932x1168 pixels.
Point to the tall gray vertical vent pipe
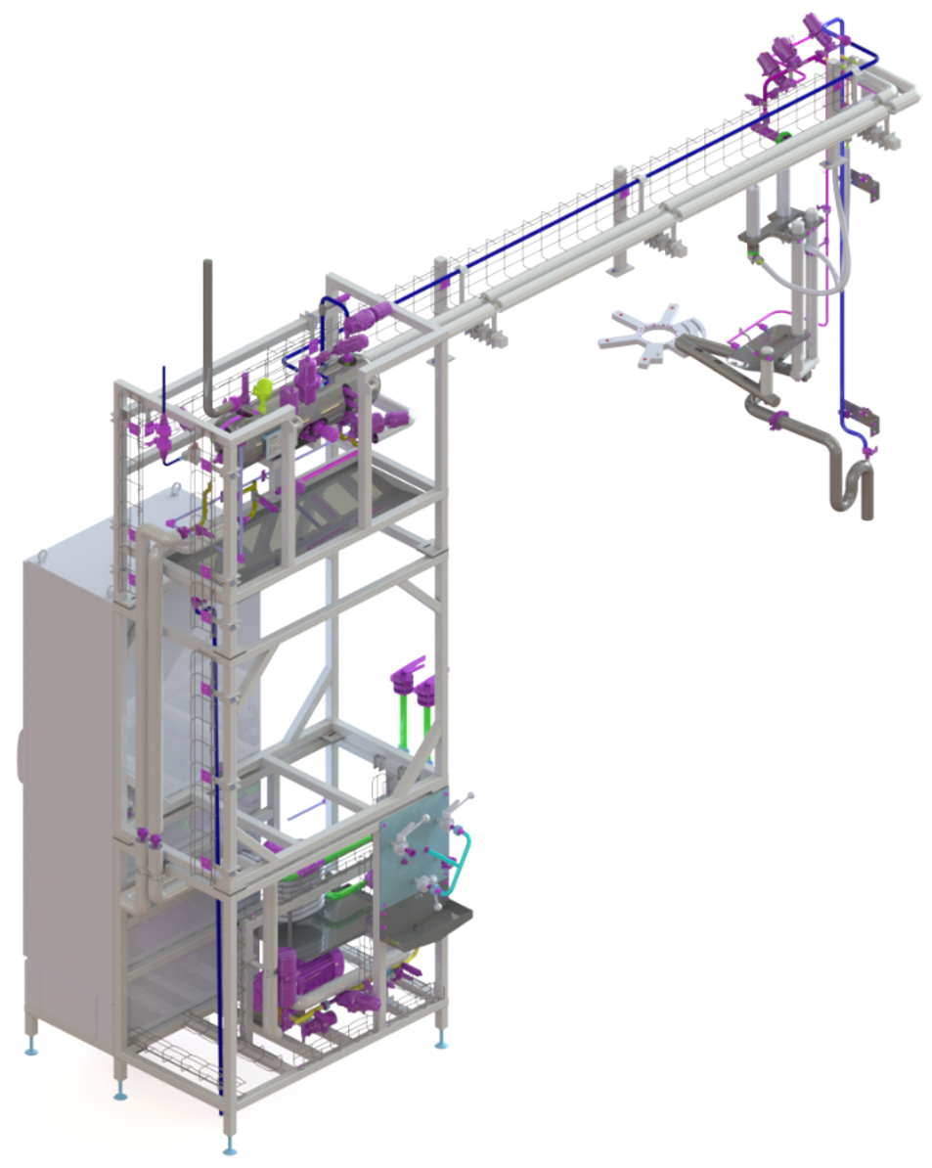click(x=206, y=333)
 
